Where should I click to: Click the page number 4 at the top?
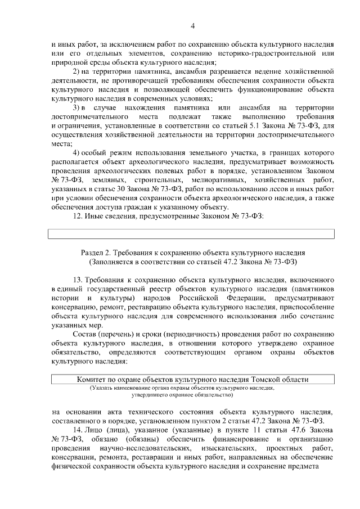click(x=192, y=26)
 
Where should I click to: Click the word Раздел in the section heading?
click(x=93, y=253)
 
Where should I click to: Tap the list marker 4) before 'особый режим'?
click(x=78, y=153)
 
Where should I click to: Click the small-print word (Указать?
click(x=101, y=388)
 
